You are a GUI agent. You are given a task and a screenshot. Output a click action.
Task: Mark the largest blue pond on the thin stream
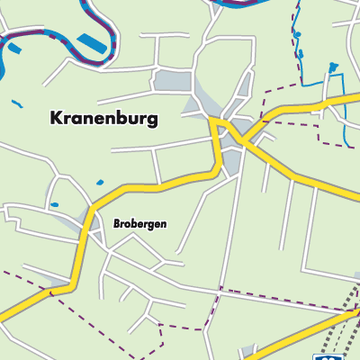coord(333,67)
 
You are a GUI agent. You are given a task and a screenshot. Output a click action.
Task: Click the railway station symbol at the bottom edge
coord(321,356)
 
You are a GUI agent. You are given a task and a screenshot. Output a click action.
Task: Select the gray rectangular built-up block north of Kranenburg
coord(172,81)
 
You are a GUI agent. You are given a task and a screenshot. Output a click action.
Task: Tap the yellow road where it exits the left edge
coord(4,315)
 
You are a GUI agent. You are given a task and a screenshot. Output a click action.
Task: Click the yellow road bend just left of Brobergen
coord(91,217)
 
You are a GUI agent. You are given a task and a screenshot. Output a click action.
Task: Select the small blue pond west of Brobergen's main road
coord(54,205)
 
